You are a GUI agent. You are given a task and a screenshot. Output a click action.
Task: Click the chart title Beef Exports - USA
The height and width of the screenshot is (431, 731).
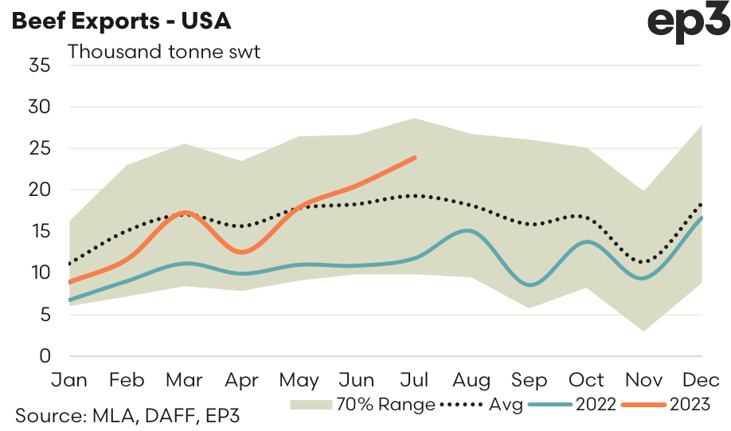click(x=121, y=22)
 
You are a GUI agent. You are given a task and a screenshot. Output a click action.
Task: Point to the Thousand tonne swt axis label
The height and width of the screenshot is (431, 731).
click(x=164, y=53)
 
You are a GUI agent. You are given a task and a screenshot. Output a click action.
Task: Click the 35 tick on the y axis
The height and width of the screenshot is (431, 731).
click(x=40, y=65)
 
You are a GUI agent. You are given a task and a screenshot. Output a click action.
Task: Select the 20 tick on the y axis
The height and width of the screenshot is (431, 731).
click(x=40, y=190)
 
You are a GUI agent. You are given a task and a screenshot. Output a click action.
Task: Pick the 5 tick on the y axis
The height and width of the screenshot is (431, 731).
click(x=45, y=315)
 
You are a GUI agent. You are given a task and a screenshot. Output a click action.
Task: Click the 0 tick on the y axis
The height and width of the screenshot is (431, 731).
click(x=45, y=356)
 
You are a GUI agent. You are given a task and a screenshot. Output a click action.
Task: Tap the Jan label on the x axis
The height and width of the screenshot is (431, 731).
click(x=70, y=379)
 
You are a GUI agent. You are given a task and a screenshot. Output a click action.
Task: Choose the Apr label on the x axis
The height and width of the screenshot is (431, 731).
click(x=241, y=379)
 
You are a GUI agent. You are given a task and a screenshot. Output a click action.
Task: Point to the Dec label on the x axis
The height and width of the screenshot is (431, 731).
click(x=701, y=379)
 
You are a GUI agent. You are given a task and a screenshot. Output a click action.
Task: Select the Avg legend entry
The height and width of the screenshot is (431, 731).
click(x=506, y=405)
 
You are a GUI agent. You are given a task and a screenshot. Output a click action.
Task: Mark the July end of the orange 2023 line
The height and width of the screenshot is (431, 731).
click(x=415, y=158)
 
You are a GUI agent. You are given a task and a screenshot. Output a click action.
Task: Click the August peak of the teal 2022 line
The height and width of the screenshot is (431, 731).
click(x=471, y=231)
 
